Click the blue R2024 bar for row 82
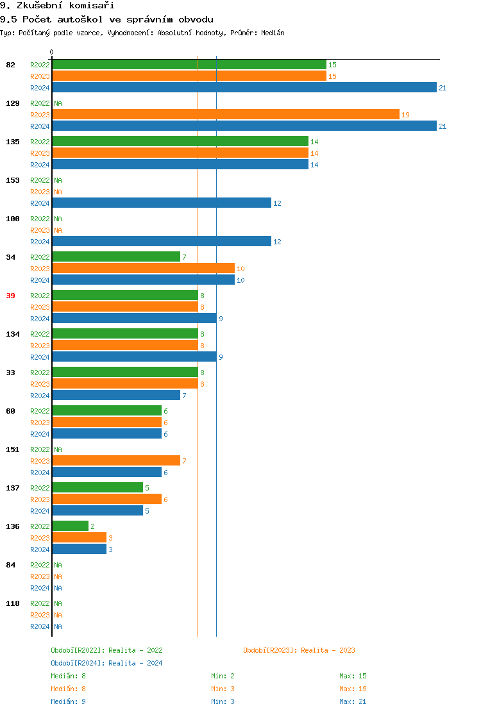[x=244, y=88]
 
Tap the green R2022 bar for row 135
[x=180, y=142]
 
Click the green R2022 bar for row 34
[x=116, y=257]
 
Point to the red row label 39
[x=11, y=296]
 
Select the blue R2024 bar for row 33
[x=116, y=396]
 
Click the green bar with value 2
[x=70, y=526]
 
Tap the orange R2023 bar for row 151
[x=116, y=461]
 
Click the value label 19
[x=405, y=115]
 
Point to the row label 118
[x=13, y=603]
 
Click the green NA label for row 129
[x=58, y=103]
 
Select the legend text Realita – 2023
[x=328, y=650]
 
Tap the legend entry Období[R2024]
[x=78, y=663]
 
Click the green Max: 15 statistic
[x=353, y=676]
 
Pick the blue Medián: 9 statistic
[x=68, y=701]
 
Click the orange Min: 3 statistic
[x=223, y=689]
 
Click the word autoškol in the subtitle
[x=80, y=19]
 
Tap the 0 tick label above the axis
[x=52, y=53]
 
